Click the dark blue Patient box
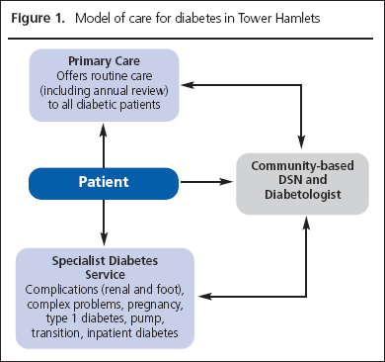tap(104, 183)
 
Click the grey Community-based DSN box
tap(298, 183)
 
